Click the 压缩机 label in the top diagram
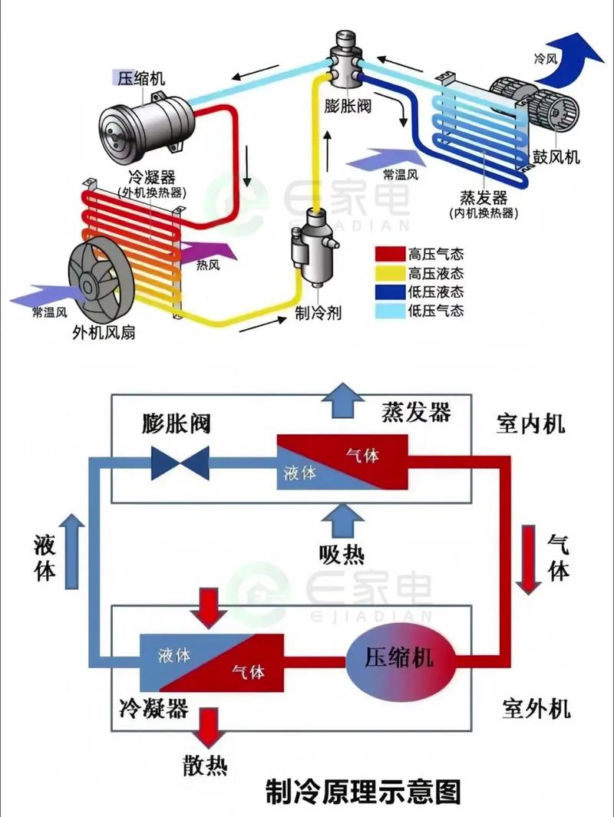pos(140,78)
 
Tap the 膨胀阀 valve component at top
pos(347,61)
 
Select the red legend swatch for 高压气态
pos(389,254)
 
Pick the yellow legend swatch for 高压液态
pos(389,273)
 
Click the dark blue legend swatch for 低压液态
pos(389,292)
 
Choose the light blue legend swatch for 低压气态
pos(389,311)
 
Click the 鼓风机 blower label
pos(556,158)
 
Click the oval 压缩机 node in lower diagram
pos(398,657)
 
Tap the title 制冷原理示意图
pos(363,789)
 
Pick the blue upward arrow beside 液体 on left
pos(72,551)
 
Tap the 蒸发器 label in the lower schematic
pos(416,412)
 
